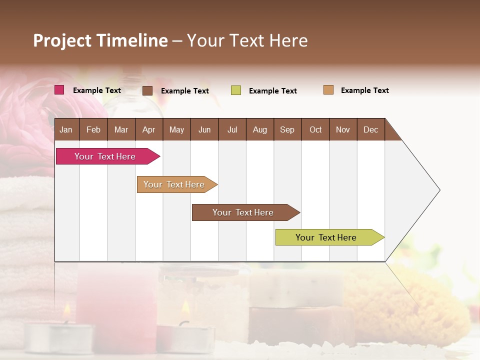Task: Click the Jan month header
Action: click(66, 129)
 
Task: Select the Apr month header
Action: click(149, 129)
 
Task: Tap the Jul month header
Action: click(232, 129)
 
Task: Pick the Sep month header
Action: click(287, 129)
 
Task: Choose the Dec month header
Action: click(371, 129)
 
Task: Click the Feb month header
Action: click(93, 129)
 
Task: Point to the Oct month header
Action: click(315, 129)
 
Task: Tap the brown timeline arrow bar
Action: click(243, 212)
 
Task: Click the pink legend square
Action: click(59, 90)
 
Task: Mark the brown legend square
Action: click(147, 90)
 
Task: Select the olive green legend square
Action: click(236, 90)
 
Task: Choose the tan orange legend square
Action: click(328, 90)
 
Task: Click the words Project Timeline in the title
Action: click(100, 40)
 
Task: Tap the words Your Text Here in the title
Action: click(247, 40)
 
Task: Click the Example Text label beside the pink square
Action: click(97, 90)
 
